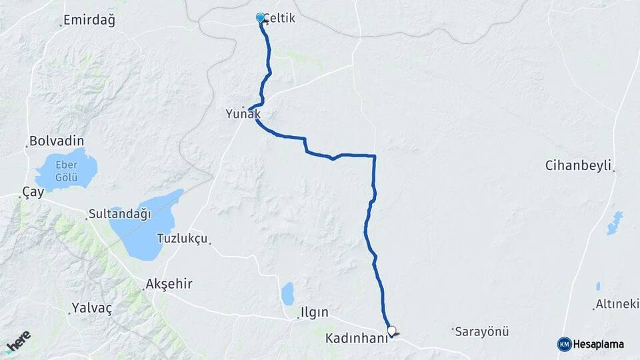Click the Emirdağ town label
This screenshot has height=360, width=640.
89,21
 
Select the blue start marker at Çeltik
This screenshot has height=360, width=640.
261,17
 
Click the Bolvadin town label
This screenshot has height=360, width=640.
57,141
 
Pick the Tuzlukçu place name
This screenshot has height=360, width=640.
183,239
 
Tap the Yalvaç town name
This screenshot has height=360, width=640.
91,309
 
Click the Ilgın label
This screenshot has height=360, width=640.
314,312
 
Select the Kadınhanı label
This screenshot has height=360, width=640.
356,339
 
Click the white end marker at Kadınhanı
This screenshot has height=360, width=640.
391,330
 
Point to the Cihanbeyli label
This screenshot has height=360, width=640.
578,166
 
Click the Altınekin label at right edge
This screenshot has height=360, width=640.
617,305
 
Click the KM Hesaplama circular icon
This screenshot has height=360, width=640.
564,344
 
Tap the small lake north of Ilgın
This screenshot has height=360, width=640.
287,293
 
